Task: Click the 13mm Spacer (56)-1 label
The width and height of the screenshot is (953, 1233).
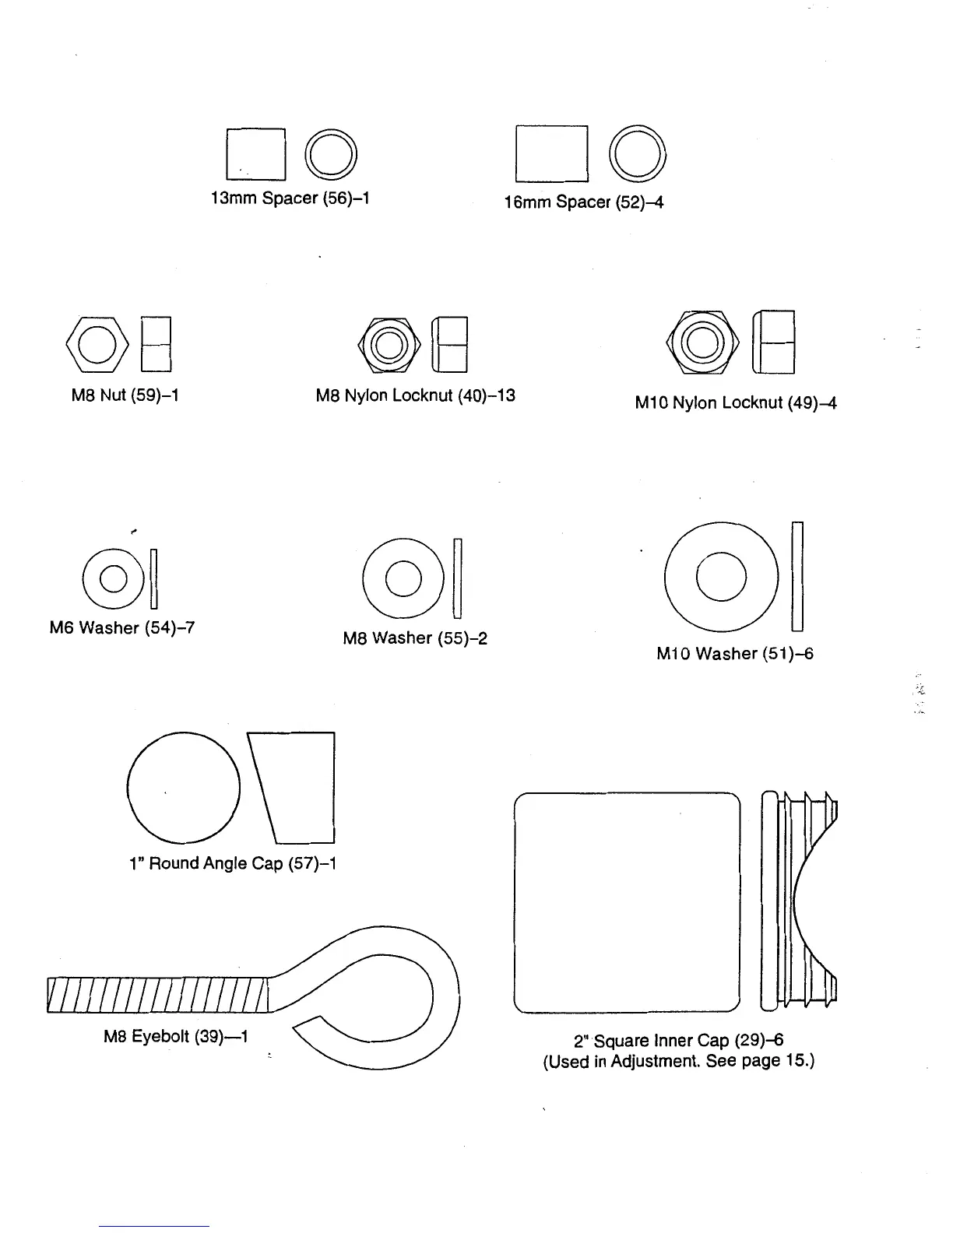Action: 290,198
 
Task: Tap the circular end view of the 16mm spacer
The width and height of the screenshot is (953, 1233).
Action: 637,153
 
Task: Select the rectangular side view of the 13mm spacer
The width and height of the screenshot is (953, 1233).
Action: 255,153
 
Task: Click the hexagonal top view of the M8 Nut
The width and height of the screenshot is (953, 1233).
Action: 97,345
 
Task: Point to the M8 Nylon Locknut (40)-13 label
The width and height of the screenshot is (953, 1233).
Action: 415,395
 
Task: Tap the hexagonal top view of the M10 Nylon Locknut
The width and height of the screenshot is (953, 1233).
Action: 702,342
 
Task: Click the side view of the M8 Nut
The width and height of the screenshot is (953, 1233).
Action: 156,345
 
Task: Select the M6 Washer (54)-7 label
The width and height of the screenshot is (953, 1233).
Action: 121,627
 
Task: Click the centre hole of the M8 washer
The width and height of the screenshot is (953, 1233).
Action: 403,578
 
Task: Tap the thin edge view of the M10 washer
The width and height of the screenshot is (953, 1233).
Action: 797,576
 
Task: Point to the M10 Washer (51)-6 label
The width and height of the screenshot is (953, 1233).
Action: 734,654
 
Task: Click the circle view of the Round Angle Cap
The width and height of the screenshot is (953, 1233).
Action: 184,788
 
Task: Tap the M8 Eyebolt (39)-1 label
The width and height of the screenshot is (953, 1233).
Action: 175,1037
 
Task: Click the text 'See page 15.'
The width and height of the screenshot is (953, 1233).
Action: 760,1062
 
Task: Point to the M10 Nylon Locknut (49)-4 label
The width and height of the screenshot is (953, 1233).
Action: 735,403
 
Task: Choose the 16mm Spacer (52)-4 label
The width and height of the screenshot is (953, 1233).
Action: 583,202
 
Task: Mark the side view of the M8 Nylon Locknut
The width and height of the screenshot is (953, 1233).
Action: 450,345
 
